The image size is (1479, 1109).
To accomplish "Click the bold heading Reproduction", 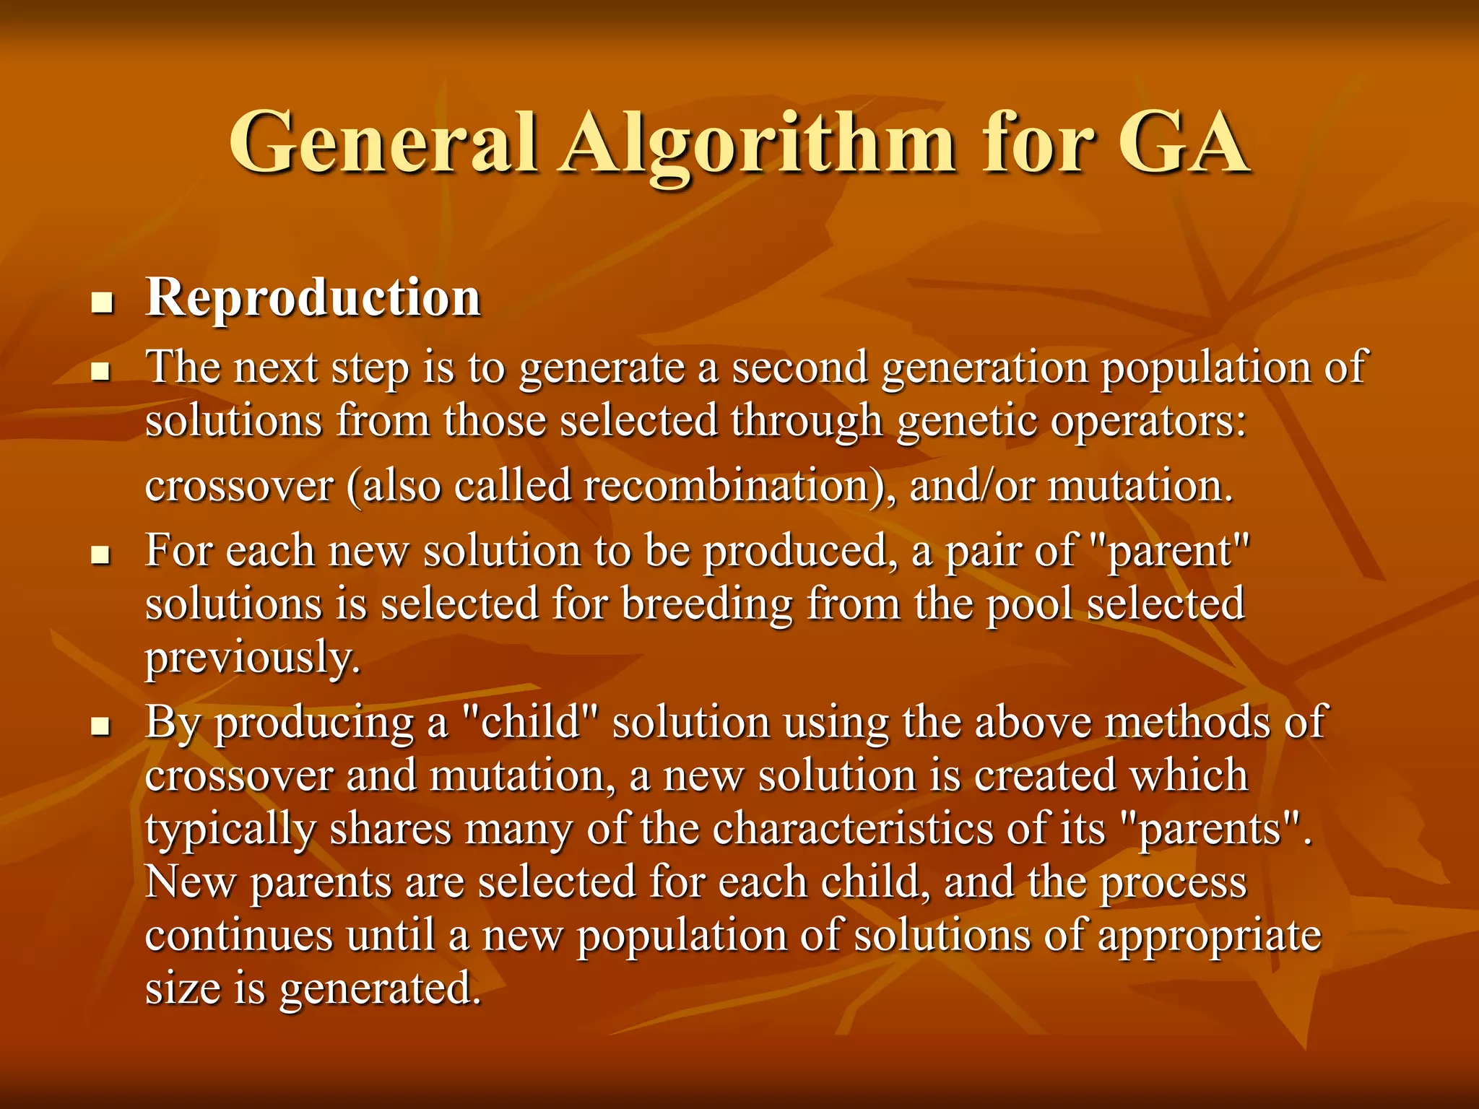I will point(313,297).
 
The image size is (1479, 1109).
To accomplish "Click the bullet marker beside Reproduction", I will point(103,303).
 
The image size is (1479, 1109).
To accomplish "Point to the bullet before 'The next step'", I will point(103,373).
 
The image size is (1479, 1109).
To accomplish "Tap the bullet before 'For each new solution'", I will point(103,556).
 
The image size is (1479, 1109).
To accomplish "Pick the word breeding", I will point(707,604).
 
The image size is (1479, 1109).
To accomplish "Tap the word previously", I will point(253,658).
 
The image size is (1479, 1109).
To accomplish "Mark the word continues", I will point(239,936).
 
